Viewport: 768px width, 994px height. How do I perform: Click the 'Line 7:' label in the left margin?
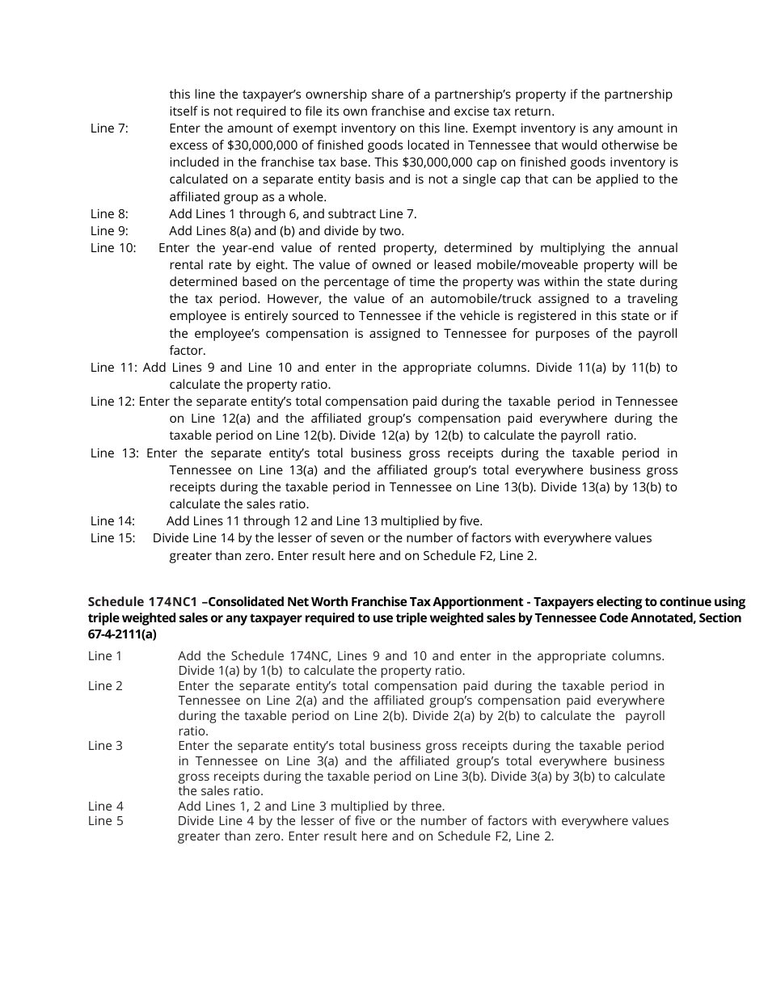coord(109,128)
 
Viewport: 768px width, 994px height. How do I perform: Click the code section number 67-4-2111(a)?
coord(122,634)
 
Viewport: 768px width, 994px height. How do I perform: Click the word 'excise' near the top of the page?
coord(437,112)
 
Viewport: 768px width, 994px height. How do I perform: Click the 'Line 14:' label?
coord(112,521)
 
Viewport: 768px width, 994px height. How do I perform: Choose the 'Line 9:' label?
coord(109,231)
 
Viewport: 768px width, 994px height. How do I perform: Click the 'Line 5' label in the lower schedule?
coord(106,822)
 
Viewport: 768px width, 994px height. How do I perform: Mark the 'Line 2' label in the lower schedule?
coord(106,686)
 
